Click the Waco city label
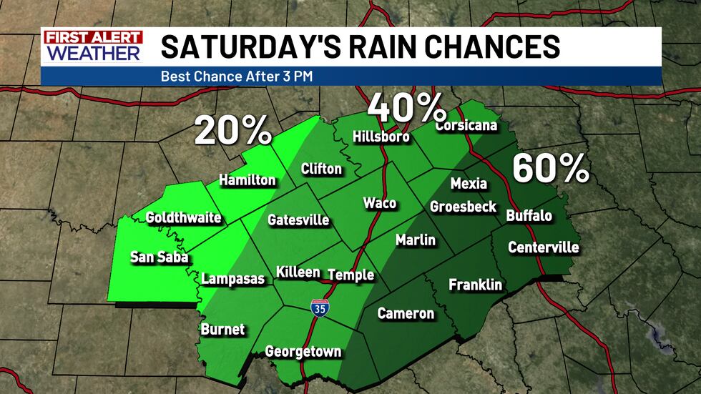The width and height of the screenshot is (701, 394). [379, 203]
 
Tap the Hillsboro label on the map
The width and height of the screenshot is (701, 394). [381, 137]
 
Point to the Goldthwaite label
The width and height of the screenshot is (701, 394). [183, 217]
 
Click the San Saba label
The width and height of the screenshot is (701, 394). [159, 257]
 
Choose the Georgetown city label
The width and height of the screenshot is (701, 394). [303, 352]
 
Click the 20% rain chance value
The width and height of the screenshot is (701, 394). [232, 130]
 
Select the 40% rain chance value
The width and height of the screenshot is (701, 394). [406, 109]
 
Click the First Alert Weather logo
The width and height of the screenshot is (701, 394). [92, 46]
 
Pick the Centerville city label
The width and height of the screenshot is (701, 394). [544, 248]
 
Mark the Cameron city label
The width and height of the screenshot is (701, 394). [406, 313]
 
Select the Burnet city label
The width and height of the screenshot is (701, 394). [222, 330]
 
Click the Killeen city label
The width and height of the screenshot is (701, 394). [298, 273]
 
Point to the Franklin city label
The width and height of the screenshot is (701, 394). [475, 285]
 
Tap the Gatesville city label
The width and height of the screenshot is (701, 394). [298, 220]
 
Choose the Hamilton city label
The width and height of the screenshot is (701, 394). [247, 180]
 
